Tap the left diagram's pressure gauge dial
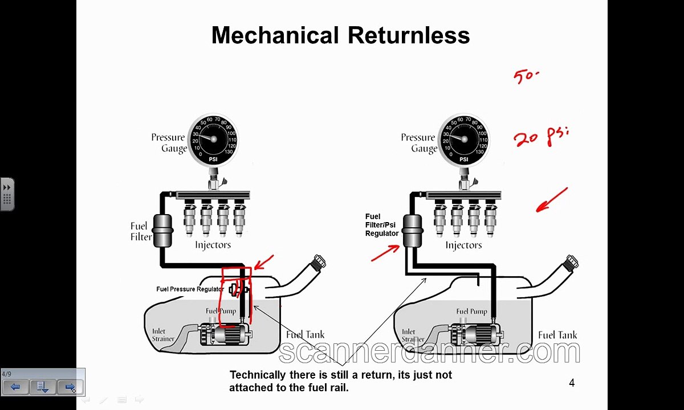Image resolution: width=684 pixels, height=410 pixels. click(213, 139)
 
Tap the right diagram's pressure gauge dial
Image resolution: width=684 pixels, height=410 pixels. click(463, 139)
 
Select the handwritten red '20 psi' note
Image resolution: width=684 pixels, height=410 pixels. click(540, 137)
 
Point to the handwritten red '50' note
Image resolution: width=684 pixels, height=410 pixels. click(526, 76)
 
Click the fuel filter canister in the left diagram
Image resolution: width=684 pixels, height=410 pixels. click(163, 230)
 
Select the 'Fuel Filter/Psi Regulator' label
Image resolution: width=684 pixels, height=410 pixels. click(381, 225)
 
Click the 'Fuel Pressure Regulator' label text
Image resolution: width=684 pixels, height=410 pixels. click(190, 289)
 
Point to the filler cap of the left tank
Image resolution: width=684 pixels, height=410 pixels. click(319, 263)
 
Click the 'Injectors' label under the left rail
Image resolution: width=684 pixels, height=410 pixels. click(213, 245)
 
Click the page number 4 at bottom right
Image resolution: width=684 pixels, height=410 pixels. click(572, 383)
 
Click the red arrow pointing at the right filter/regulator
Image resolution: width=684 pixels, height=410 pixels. click(385, 253)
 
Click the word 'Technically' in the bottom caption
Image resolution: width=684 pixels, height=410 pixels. click(257, 375)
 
